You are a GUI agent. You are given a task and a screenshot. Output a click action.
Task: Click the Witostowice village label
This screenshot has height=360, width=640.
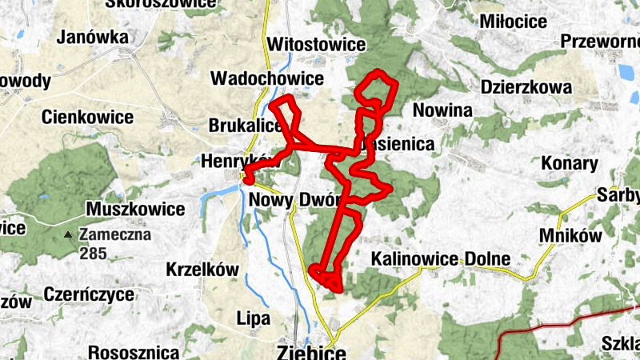[x=318, y=44]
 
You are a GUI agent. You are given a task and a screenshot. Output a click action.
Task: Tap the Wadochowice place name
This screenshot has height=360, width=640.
[x=266, y=78]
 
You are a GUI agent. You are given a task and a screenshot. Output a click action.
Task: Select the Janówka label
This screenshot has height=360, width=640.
[x=93, y=37]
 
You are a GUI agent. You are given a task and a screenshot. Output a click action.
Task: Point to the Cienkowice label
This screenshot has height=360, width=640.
[x=87, y=118]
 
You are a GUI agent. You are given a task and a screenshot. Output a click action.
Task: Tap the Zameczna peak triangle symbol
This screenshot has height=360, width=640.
[x=70, y=235]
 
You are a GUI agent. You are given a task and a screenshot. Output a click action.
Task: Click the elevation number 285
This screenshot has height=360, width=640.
[x=92, y=254]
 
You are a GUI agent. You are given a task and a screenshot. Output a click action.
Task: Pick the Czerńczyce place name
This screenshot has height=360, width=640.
[x=89, y=294]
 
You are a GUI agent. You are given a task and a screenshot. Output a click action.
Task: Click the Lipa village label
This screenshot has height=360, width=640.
[x=253, y=318]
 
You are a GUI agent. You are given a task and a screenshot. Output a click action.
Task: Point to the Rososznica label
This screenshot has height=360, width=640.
[x=133, y=352]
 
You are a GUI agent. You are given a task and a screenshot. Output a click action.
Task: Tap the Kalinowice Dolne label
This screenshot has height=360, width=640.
[x=440, y=259]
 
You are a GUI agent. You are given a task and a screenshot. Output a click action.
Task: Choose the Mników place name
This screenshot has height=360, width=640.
[x=570, y=235]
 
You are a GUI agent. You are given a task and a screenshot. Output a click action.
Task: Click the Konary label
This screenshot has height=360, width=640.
[x=570, y=164]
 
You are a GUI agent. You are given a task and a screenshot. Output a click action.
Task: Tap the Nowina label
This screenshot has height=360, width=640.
[x=443, y=110]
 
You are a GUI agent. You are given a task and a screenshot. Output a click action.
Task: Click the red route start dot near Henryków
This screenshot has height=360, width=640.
[x=249, y=181]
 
